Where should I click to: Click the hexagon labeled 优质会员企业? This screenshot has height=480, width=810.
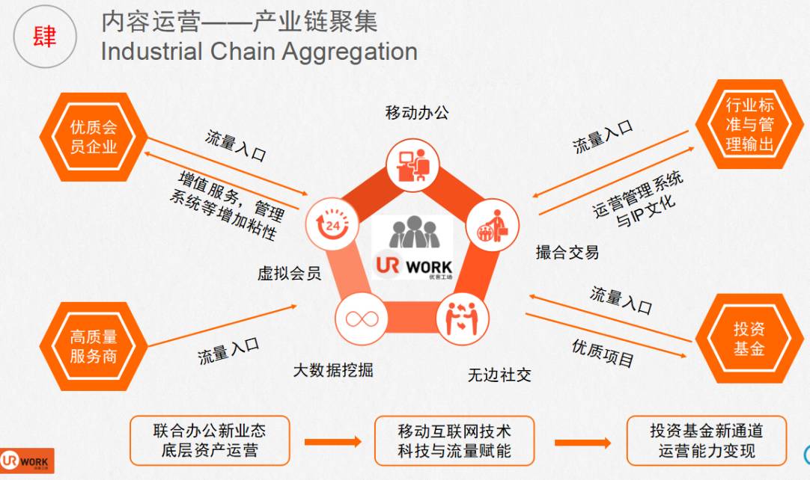(x=94, y=137)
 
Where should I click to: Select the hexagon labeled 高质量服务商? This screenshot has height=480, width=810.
(x=94, y=347)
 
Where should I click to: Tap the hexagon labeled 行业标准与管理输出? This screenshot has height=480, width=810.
(x=749, y=124)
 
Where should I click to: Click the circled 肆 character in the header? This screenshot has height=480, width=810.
(x=45, y=36)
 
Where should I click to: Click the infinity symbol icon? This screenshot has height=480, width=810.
(x=360, y=318)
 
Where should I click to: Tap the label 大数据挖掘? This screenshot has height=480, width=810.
(x=332, y=370)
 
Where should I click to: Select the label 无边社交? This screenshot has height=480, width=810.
(x=499, y=375)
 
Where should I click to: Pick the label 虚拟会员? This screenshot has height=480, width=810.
(x=289, y=274)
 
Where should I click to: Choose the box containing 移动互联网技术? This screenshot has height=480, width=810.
(x=454, y=441)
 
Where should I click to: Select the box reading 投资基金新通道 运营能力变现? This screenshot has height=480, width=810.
(x=707, y=441)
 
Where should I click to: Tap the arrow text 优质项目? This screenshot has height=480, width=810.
(x=603, y=354)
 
